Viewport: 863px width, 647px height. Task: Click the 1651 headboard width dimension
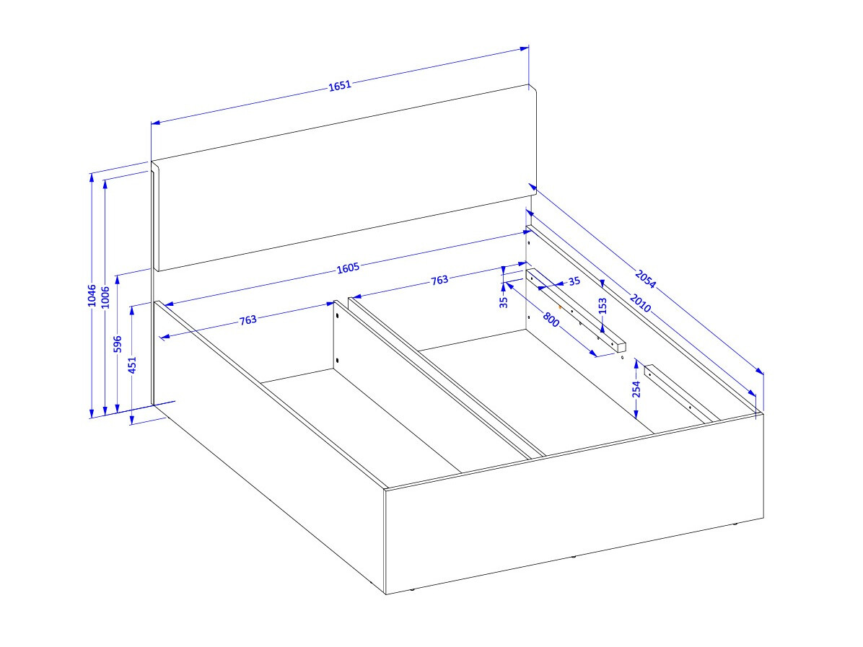click(340, 85)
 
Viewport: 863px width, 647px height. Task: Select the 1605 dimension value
click(348, 268)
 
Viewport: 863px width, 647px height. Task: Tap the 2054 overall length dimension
click(645, 279)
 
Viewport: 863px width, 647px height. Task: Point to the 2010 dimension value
click(640, 303)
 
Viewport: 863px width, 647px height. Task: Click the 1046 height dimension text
click(92, 296)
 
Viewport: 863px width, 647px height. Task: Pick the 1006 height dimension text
click(105, 297)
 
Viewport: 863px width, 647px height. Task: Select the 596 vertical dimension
click(117, 344)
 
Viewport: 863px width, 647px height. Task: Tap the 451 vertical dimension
click(132, 365)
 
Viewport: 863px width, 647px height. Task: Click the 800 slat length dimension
click(551, 319)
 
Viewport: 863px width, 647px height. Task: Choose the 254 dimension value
click(637, 389)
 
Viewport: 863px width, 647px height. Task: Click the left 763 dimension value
click(248, 320)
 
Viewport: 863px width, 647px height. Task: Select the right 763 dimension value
click(439, 281)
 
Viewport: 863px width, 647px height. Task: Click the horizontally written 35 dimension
click(574, 282)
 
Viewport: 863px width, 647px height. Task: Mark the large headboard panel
click(345, 177)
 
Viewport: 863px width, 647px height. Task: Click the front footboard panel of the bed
click(574, 503)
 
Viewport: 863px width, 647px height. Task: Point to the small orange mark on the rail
click(560, 307)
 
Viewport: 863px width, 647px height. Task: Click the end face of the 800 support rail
click(621, 347)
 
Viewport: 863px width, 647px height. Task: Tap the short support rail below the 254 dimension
click(681, 393)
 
